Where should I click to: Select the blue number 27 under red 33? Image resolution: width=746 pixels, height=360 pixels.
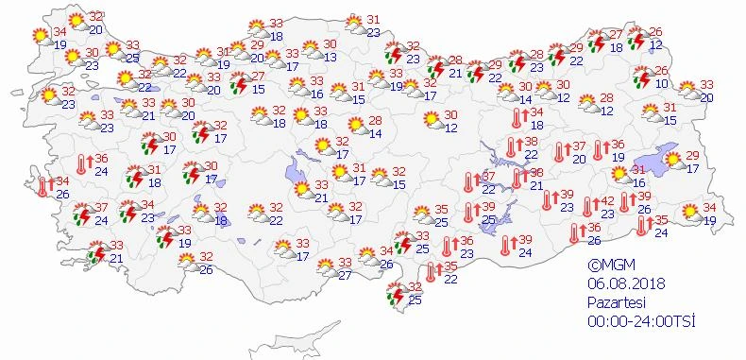(345, 275)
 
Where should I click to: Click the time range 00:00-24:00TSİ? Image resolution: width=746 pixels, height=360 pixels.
(639, 321)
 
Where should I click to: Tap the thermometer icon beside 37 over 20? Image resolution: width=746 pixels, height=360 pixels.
(560, 152)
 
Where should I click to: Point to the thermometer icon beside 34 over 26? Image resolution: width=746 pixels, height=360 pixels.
(42, 187)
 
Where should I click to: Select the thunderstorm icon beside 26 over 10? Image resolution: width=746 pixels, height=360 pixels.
(642, 77)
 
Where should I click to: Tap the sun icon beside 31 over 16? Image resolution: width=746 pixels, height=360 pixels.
(619, 175)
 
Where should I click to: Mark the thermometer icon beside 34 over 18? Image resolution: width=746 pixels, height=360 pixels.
(517, 118)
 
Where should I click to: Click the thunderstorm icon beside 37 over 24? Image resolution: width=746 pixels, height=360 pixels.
(82, 214)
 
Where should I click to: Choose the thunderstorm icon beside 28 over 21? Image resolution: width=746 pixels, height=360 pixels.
(435, 68)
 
